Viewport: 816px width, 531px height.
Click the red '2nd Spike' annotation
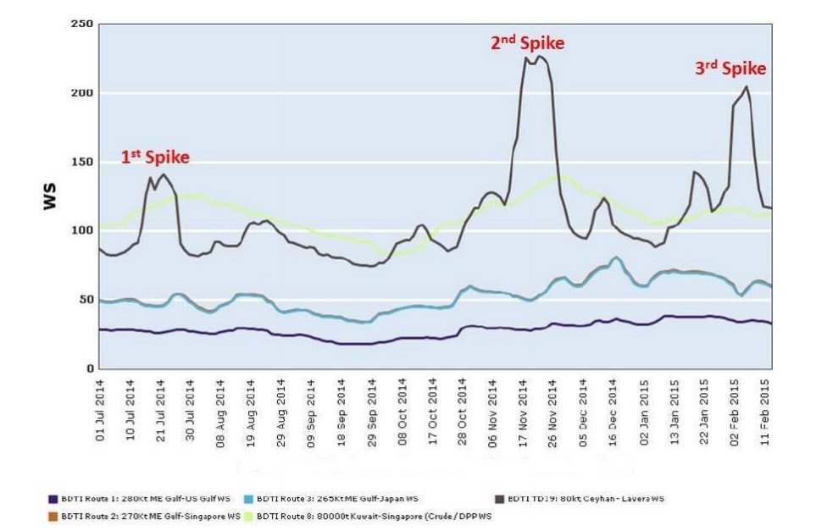coord(527,42)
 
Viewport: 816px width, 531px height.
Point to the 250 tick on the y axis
coord(81,24)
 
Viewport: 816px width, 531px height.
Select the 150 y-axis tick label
coord(81,162)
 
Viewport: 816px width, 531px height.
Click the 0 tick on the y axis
coord(86,368)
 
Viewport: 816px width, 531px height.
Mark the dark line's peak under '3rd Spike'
coord(747,86)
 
